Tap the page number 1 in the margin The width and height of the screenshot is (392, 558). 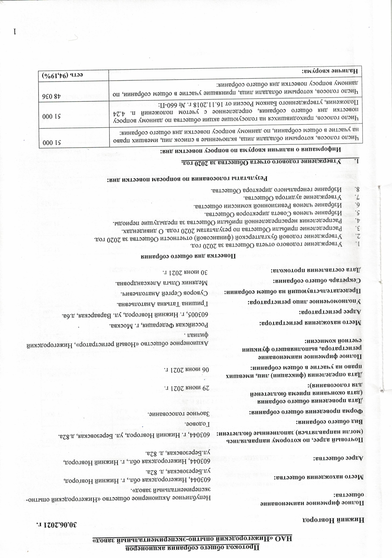pos(14,32)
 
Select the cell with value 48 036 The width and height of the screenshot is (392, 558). pos(52,96)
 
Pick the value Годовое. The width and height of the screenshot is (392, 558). pos(196,424)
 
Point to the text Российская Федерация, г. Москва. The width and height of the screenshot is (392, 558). pos(163,325)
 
